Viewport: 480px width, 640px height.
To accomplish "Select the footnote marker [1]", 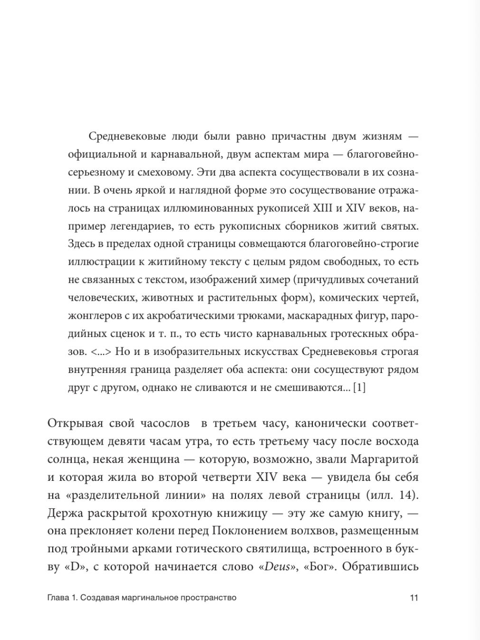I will point(359,388).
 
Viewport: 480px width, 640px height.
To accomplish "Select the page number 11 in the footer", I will point(414,598).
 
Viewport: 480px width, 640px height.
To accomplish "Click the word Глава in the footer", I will point(58,598).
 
